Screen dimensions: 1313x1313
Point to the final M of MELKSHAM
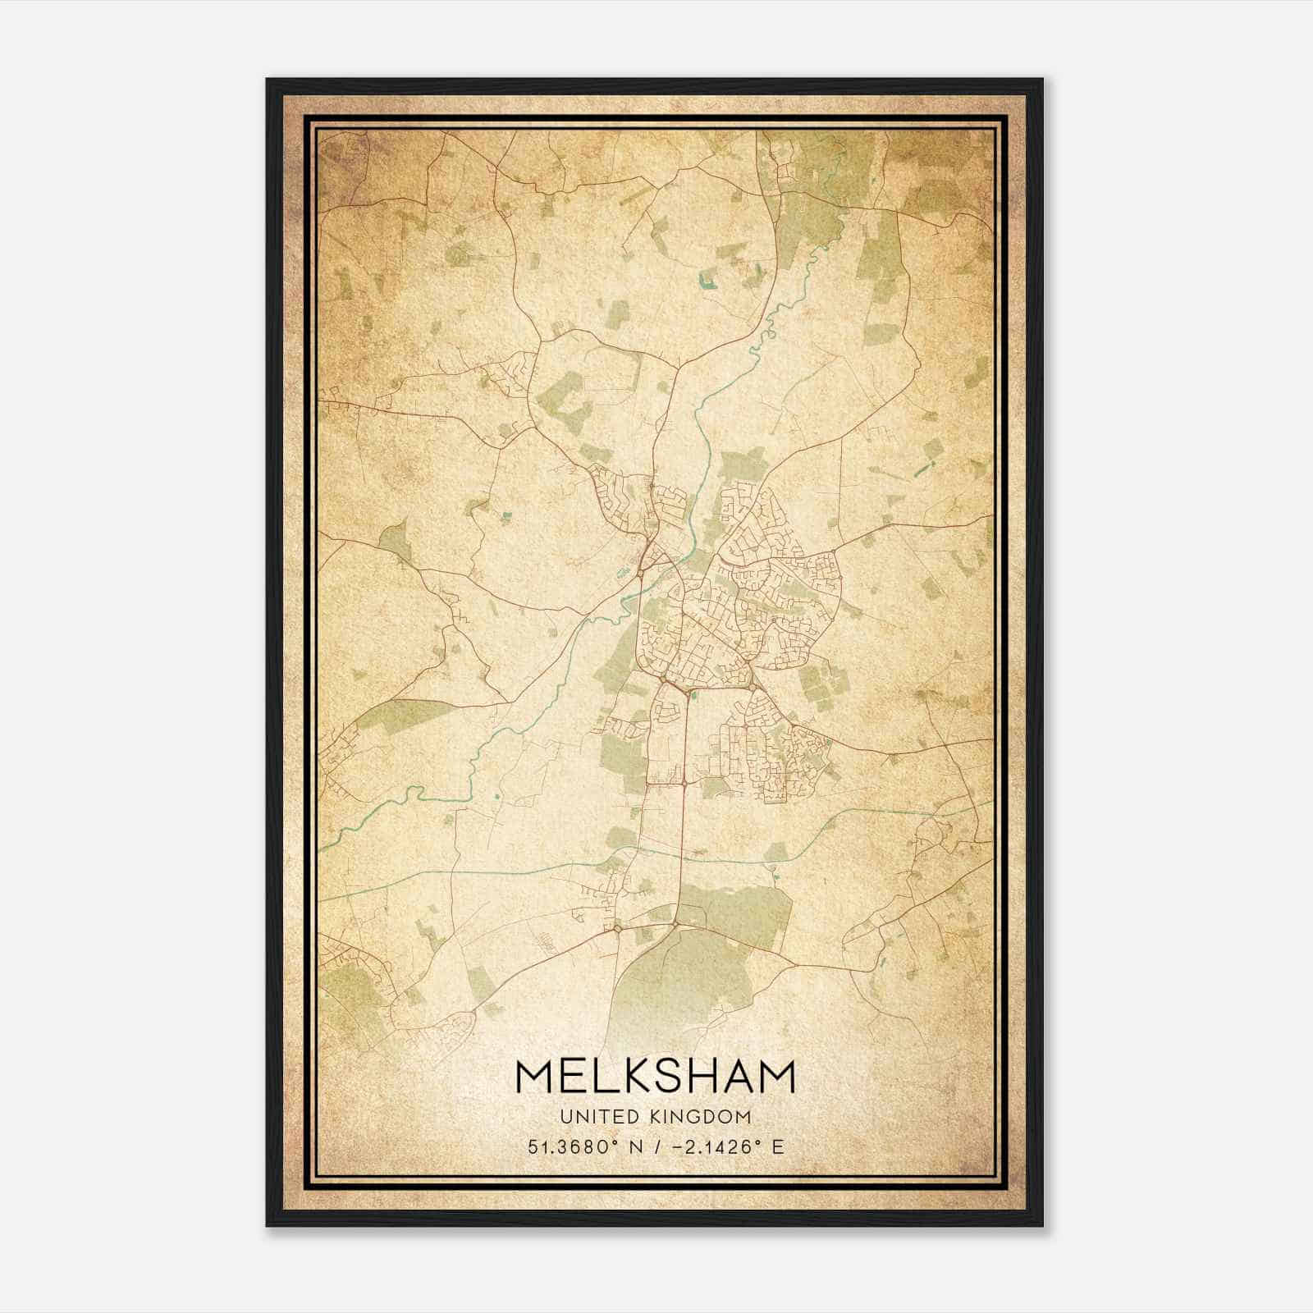coord(775,1077)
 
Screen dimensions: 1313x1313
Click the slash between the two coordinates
coord(659,1146)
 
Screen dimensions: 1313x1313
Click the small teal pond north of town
coord(706,286)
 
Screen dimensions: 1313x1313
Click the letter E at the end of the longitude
coord(778,1146)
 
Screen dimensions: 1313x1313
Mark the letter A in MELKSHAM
coord(736,1077)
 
